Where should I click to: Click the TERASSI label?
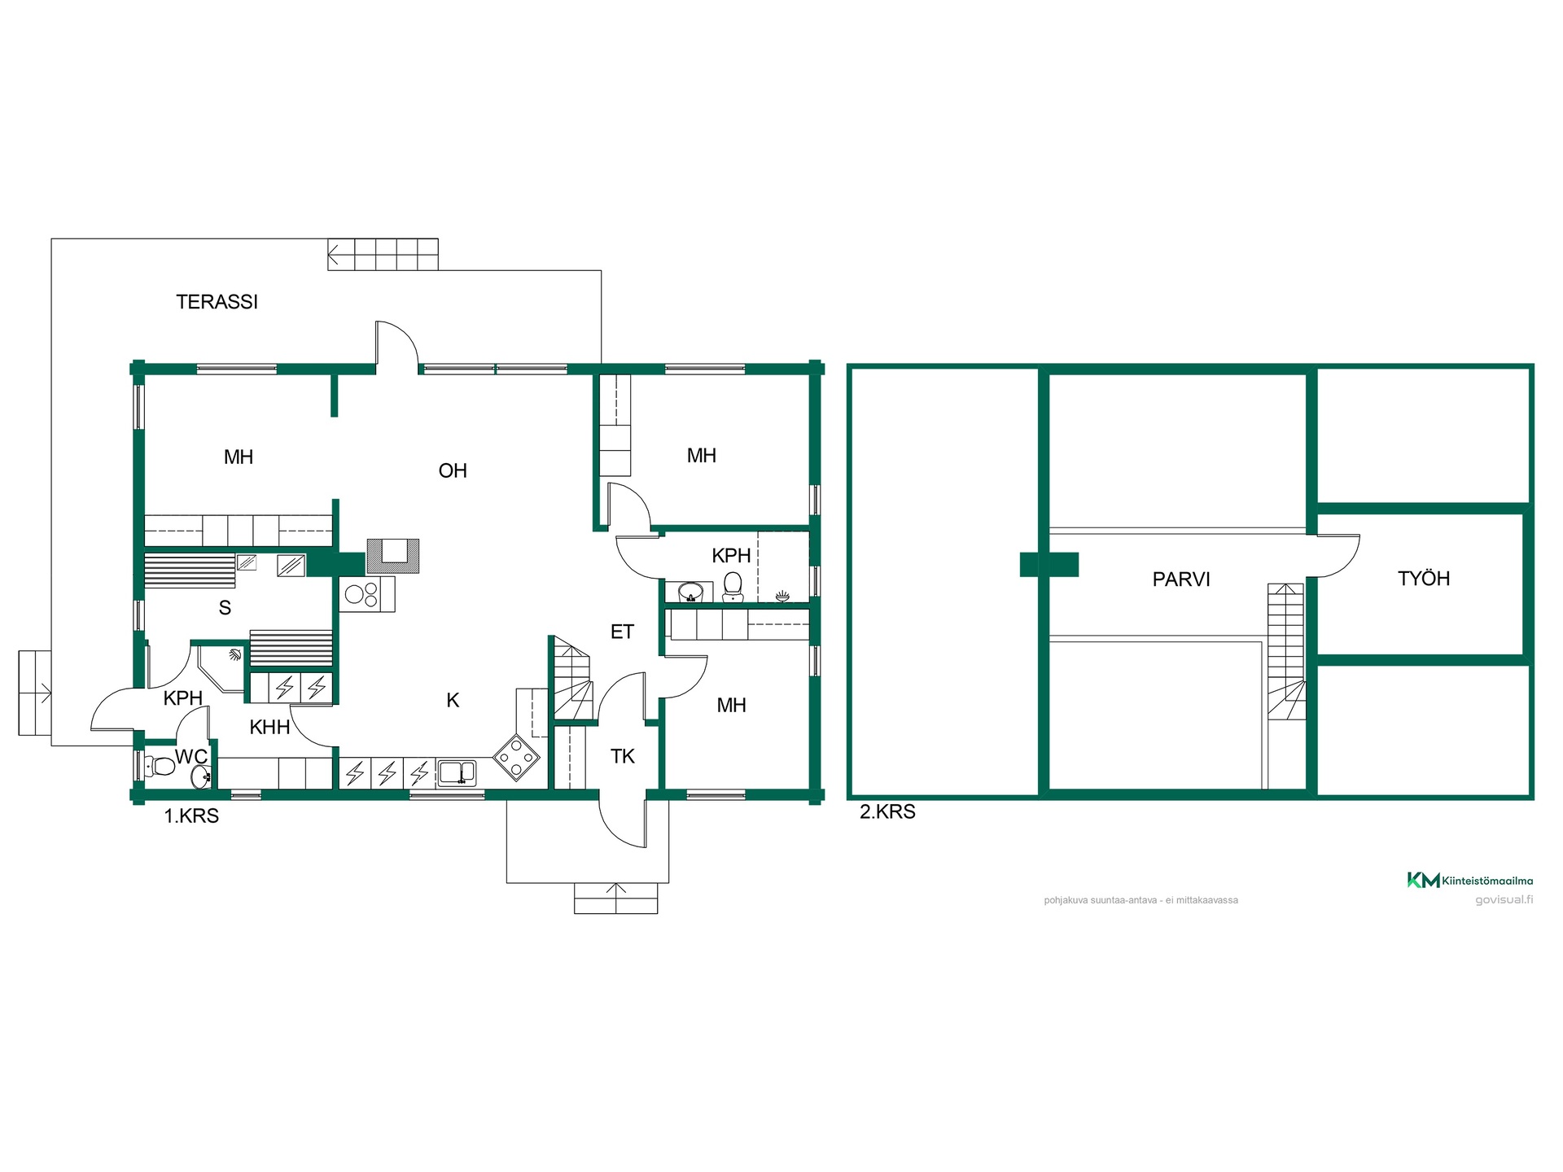coord(217,302)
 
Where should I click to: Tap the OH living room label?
coord(453,470)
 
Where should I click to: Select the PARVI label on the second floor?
coord(1181,579)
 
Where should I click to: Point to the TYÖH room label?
coord(1424,578)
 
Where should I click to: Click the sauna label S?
coord(225,607)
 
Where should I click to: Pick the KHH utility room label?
coord(269,727)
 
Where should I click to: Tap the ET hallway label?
coord(622,632)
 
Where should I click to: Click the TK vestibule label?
coord(623,756)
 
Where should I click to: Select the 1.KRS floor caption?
coord(191,816)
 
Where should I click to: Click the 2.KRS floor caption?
coord(887,811)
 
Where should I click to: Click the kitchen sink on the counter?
coord(458,772)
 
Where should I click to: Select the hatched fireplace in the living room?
coord(393,555)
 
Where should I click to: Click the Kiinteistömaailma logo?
coord(1470,880)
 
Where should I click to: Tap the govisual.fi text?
coord(1504,899)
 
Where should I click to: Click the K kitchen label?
coord(453,700)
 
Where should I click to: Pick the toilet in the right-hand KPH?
coord(733,587)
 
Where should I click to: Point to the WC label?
coord(191,756)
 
